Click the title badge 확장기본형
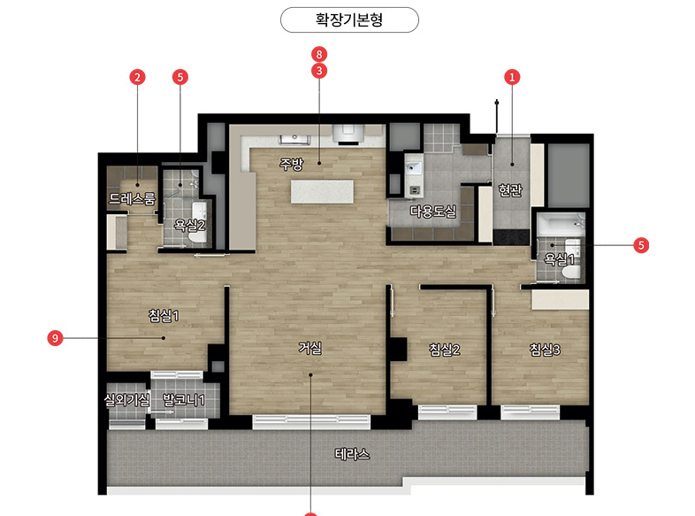coord(349,20)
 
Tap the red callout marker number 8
coord(319,55)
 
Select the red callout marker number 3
coord(319,71)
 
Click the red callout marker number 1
coord(512,77)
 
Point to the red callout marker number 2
coord(137,77)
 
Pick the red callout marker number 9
coord(55,338)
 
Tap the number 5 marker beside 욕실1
coord(641,245)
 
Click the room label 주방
coord(291,164)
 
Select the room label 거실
coord(309,348)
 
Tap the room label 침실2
coord(445,350)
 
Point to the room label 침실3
coord(545,350)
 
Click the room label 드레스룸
coord(132,198)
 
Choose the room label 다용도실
coord(433,212)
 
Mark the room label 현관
coord(510,190)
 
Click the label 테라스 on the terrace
coord(352,454)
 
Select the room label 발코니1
coord(184,400)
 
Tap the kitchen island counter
coord(322,191)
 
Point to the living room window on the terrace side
coord(311,422)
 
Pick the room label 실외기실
coord(126,400)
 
